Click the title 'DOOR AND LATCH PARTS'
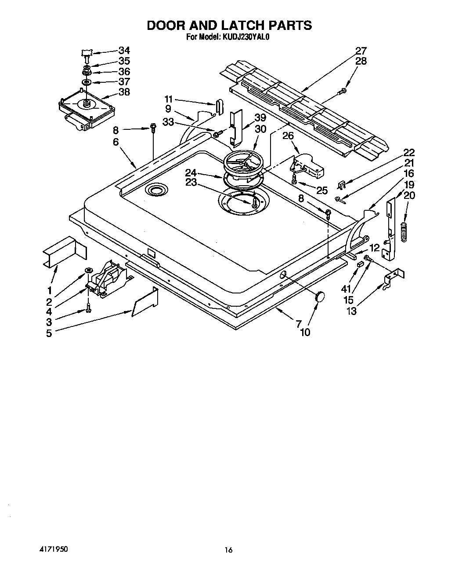pyautogui.click(x=229, y=26)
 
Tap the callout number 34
pyautogui.click(x=124, y=51)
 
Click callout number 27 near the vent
pyautogui.click(x=361, y=51)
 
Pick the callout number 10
pyautogui.click(x=305, y=332)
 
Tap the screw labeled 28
pyautogui.click(x=342, y=91)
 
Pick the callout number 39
pyautogui.click(x=260, y=118)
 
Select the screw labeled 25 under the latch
pyautogui.click(x=295, y=179)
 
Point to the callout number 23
pyautogui.click(x=191, y=182)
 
